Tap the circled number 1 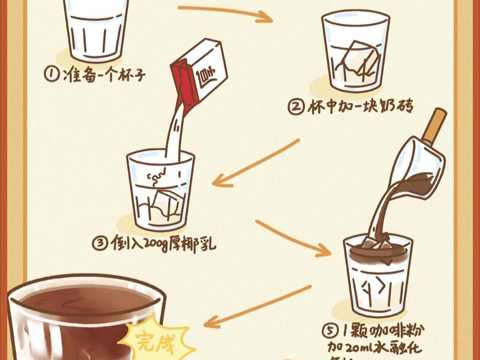[52, 74]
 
